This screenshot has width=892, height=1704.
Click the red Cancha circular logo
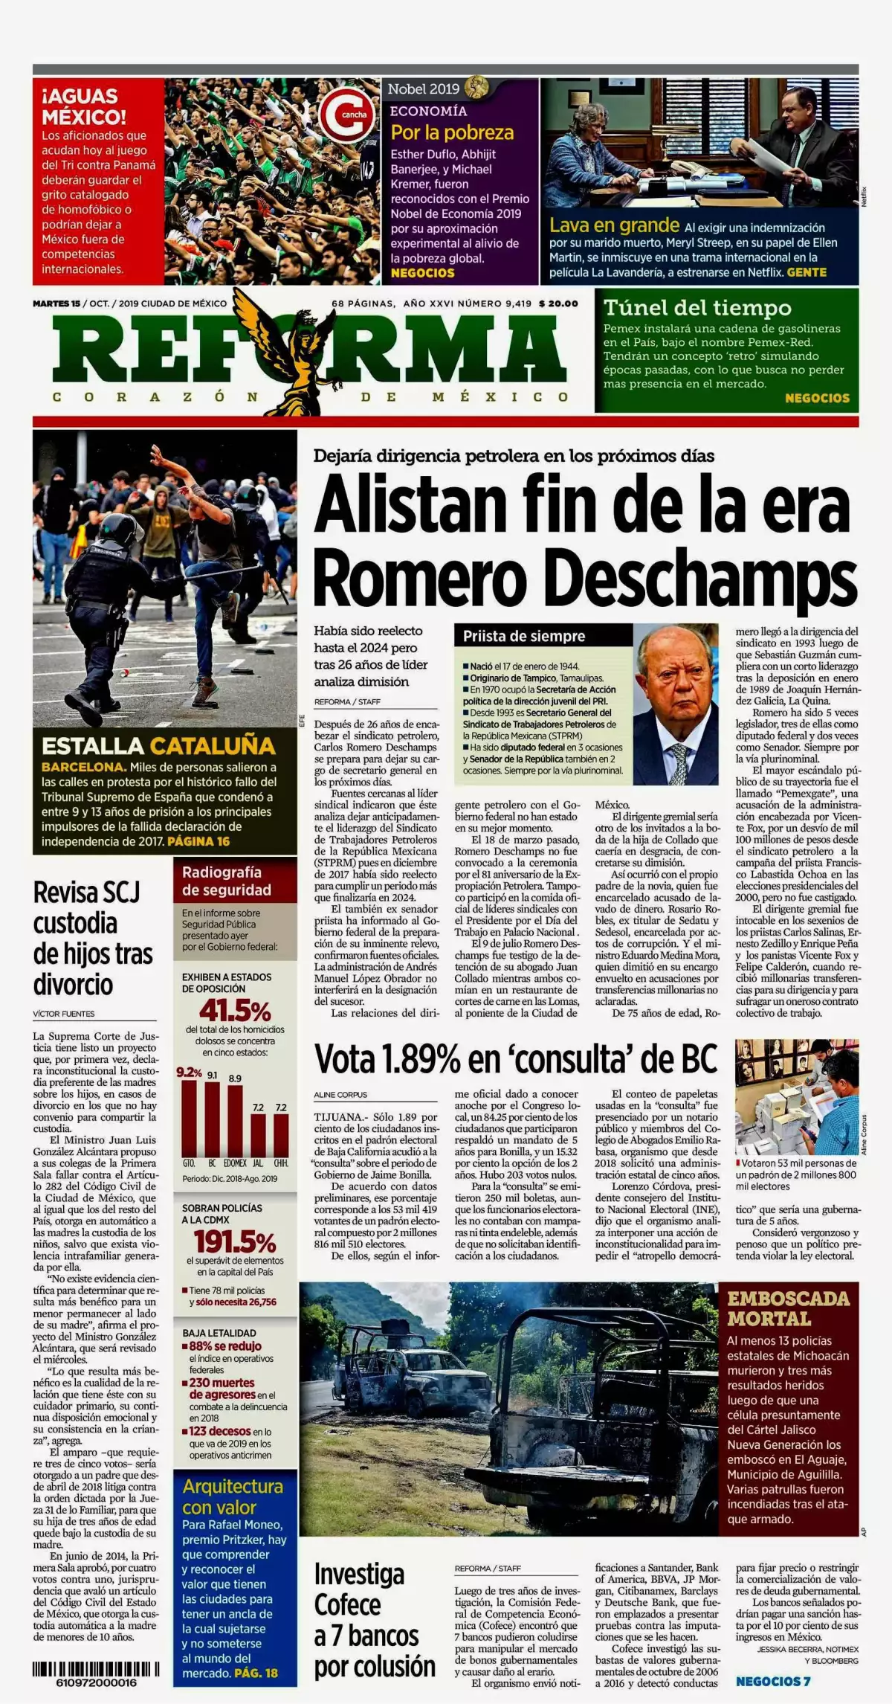coord(346,115)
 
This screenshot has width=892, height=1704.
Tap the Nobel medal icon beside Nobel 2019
coord(476,89)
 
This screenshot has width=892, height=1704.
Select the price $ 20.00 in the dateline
coord(558,303)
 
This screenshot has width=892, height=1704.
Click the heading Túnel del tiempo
coord(697,307)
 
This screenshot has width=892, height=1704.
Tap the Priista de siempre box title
coord(524,636)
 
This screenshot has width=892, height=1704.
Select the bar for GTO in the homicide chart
coord(190,1117)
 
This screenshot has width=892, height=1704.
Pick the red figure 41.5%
coord(235,1011)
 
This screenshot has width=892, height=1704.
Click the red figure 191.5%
coord(235,1241)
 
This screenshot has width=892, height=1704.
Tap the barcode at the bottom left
coord(96,1669)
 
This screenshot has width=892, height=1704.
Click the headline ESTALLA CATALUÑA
coord(158,746)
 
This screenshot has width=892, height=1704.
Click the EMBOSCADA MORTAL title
coord(788,1309)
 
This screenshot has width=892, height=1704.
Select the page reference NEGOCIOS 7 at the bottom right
coord(773,1681)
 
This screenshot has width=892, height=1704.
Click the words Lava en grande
coord(614,225)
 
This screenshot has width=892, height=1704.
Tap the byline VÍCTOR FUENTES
coord(64,1014)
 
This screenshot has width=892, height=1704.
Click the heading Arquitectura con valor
coord(233,1496)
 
